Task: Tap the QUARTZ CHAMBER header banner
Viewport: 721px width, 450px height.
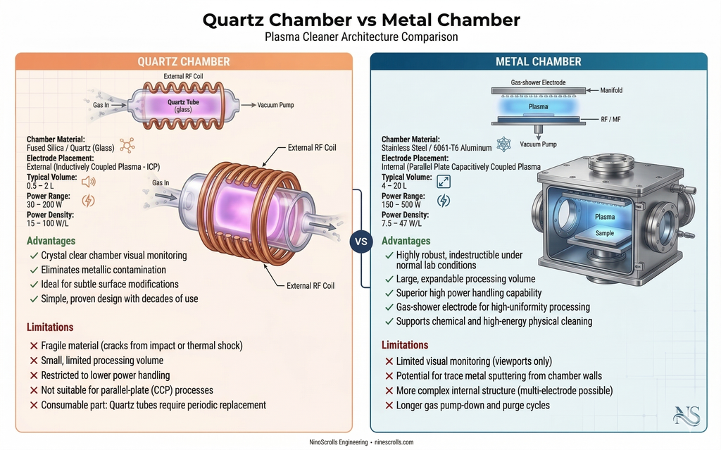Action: [x=184, y=61]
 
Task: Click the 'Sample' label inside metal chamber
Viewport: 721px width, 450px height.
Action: [x=605, y=233]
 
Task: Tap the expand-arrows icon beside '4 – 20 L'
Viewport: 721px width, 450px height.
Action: [x=444, y=182]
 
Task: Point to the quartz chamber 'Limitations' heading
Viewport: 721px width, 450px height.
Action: [x=50, y=327]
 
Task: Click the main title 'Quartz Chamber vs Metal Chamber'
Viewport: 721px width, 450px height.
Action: [x=360, y=20]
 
